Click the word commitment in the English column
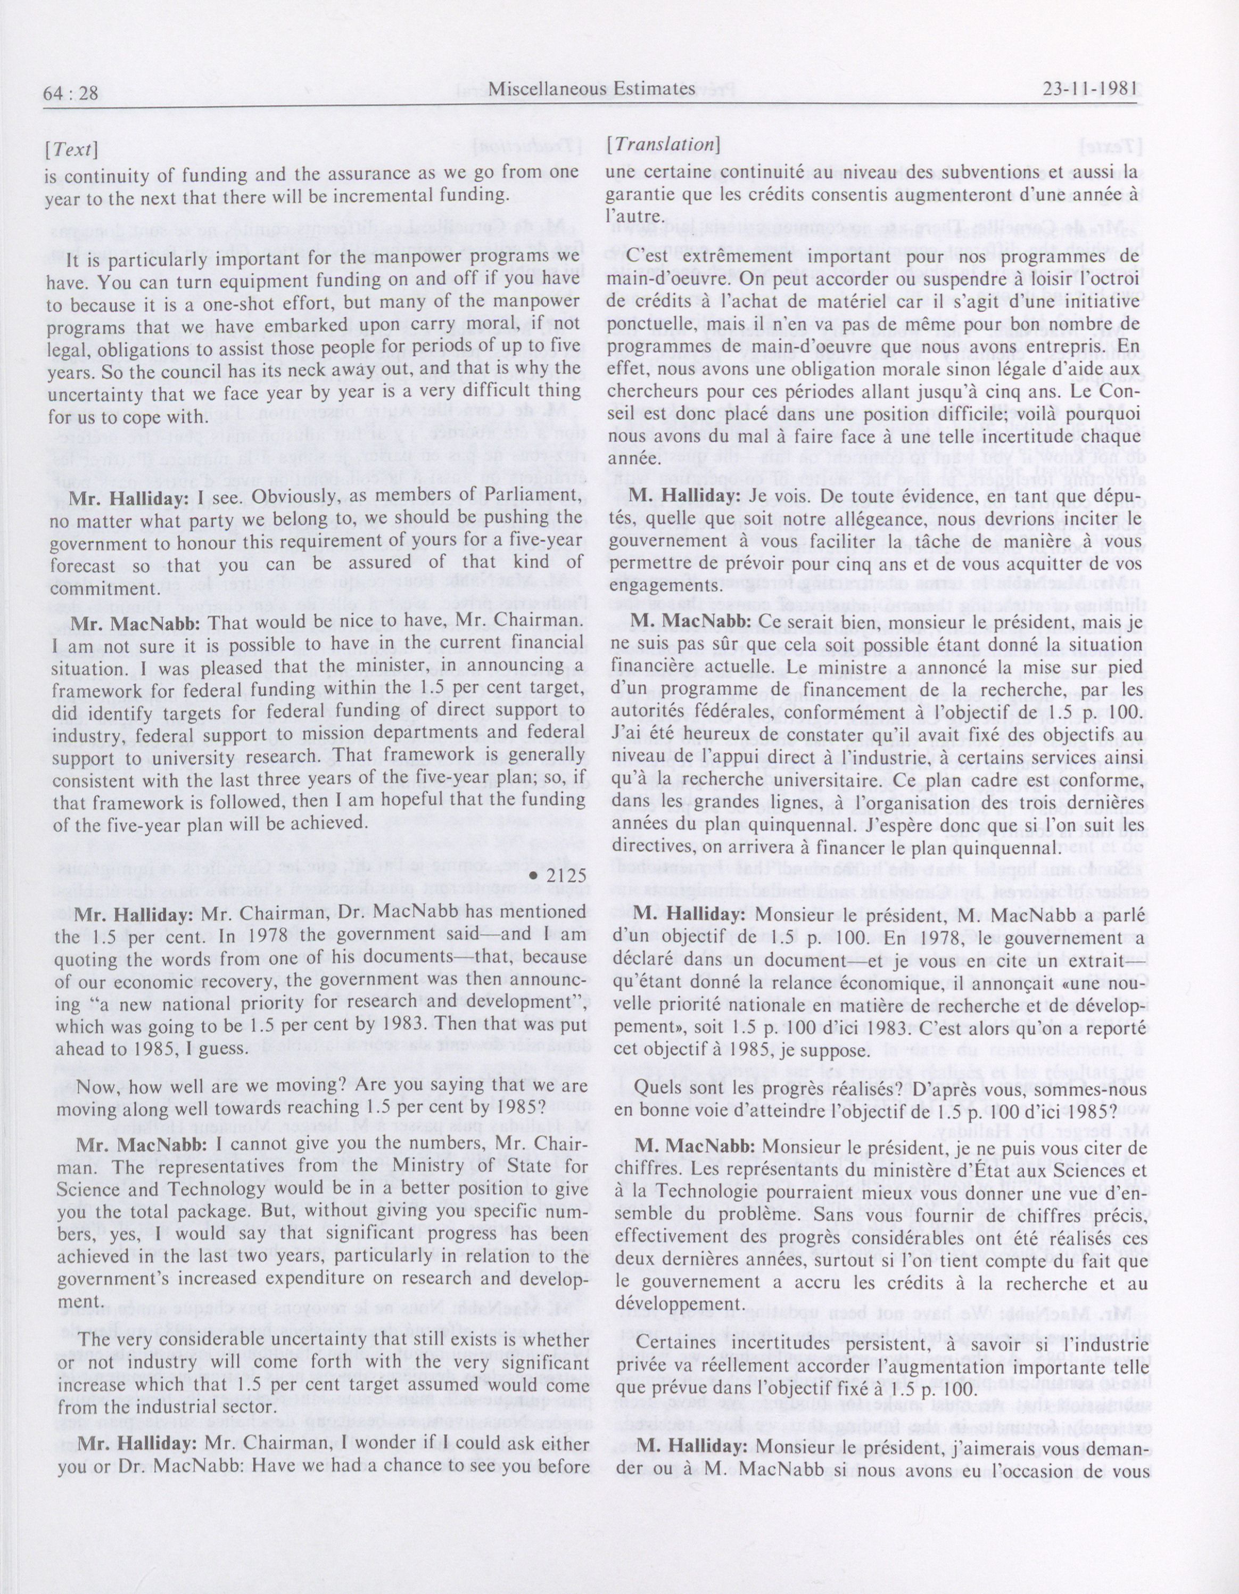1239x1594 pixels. point(100,588)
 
